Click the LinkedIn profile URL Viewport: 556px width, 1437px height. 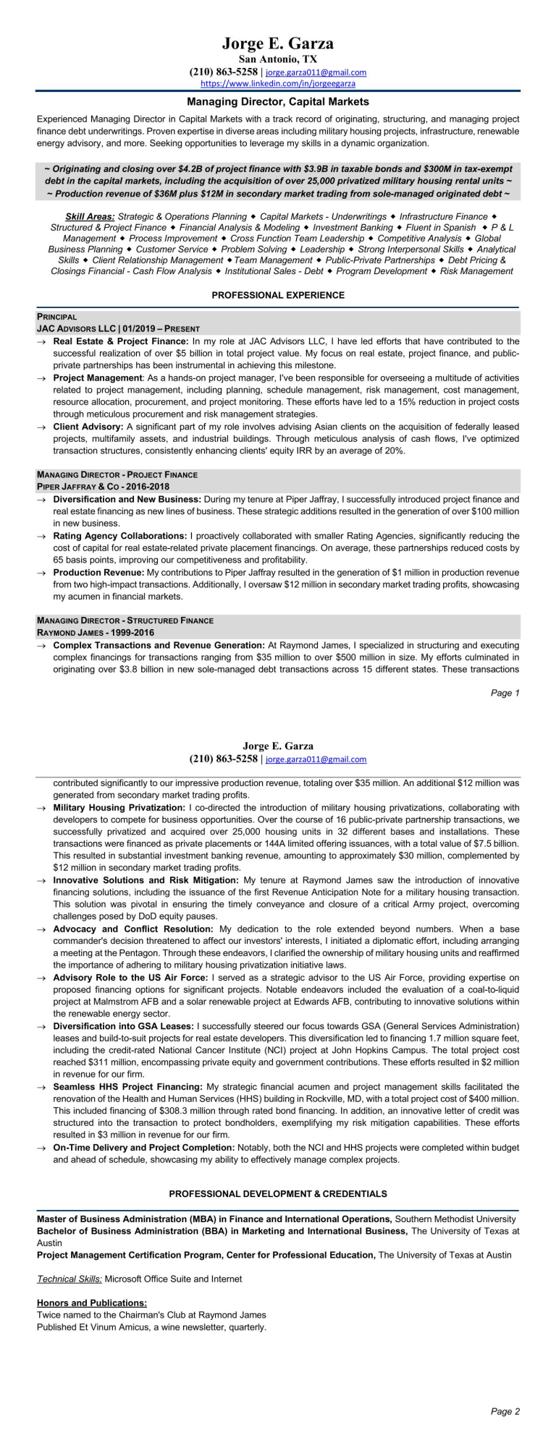coord(277,83)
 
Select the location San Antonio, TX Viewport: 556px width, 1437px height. coord(278,59)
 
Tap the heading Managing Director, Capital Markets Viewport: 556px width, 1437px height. coord(278,102)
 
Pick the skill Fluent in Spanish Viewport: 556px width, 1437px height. coord(441,227)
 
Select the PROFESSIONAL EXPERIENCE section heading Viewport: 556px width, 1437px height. coord(278,295)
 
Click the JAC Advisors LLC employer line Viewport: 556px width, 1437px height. coord(118,328)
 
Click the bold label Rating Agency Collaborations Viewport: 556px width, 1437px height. coord(119,536)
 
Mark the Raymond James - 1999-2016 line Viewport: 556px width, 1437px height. coord(96,632)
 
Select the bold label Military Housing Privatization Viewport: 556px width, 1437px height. coord(119,807)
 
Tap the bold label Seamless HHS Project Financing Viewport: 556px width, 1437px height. coord(128,1086)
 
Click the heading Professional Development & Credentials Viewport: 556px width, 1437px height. coord(278,1194)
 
